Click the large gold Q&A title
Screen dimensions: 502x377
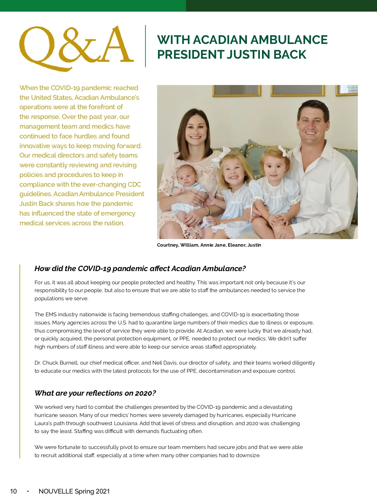pyautogui.click(x=76, y=47)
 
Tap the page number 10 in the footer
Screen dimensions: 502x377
pyautogui.click(x=14, y=491)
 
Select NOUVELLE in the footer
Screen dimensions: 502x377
pyautogui.click(x=56, y=491)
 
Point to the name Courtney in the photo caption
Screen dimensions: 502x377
pyautogui.click(x=168, y=245)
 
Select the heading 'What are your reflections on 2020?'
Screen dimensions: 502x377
pyautogui.click(x=95, y=393)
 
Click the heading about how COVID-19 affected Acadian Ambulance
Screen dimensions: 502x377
pyautogui.click(x=140, y=269)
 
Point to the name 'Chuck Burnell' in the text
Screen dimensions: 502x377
pyautogui.click(x=60, y=363)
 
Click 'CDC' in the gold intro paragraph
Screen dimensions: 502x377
pyautogui.click(x=134, y=184)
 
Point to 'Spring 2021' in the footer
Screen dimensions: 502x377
pyautogui.click(x=92, y=491)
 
